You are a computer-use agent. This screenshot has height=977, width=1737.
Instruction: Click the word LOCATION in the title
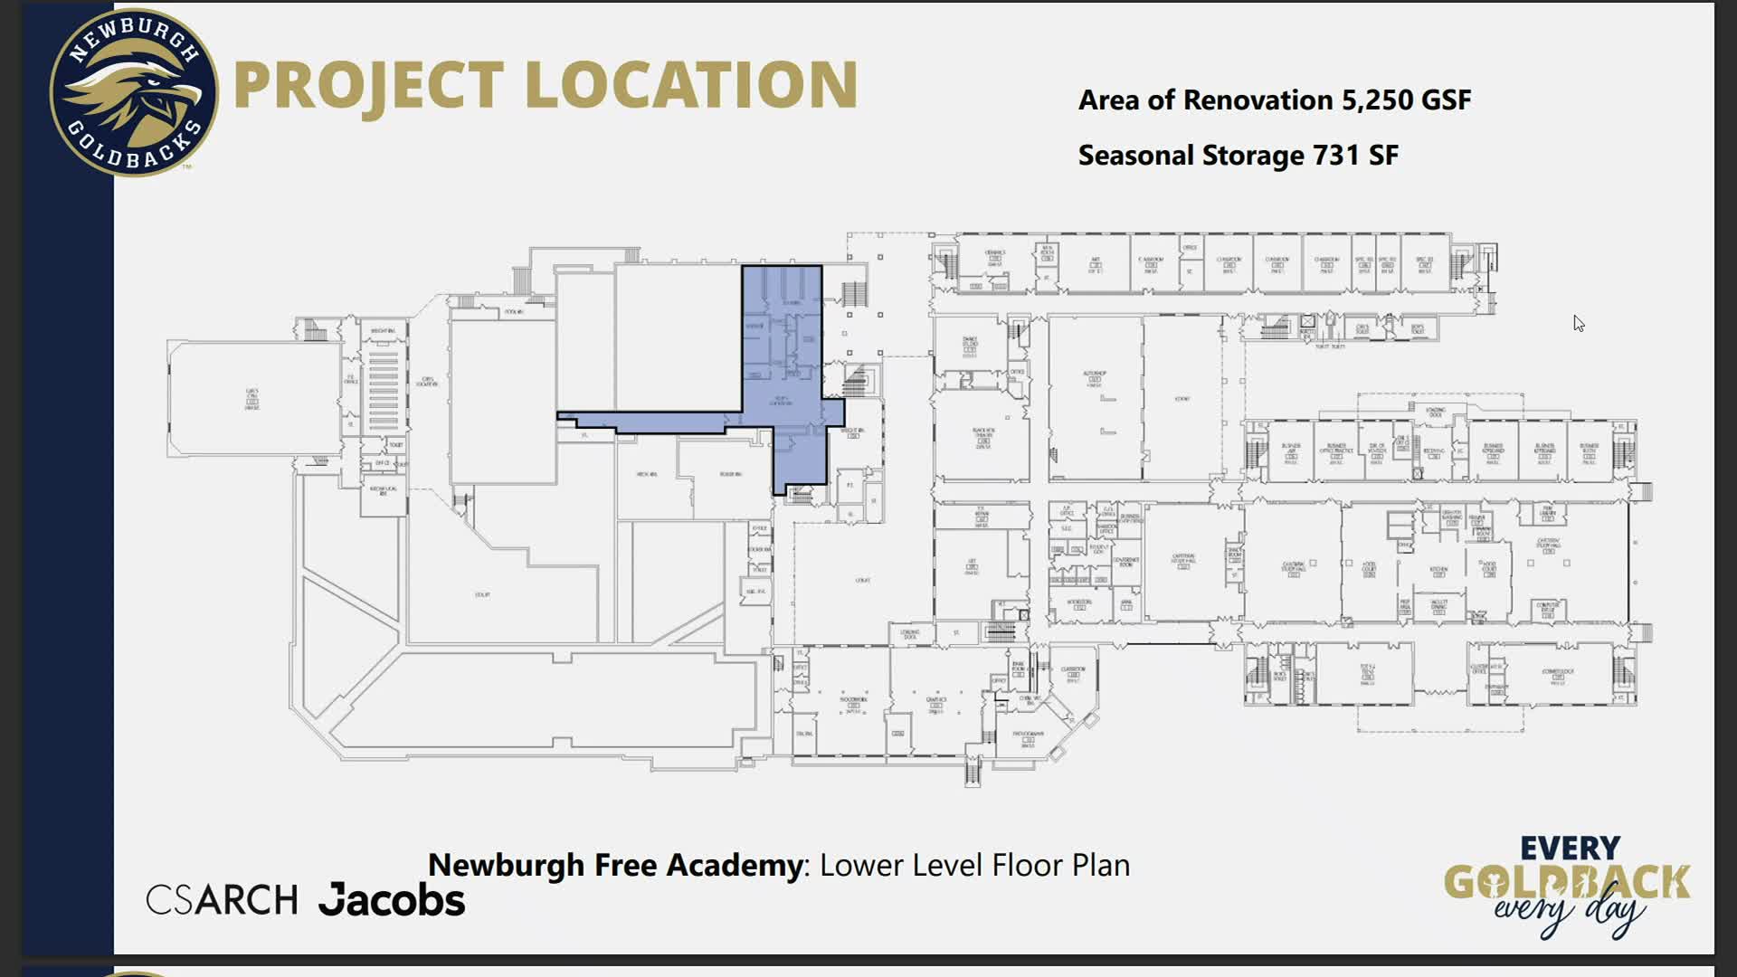click(691, 86)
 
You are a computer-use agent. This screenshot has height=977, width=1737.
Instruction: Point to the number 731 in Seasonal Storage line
click(1335, 156)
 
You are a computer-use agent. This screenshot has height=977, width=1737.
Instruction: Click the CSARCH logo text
click(222, 900)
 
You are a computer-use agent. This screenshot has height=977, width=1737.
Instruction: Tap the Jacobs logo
click(392, 900)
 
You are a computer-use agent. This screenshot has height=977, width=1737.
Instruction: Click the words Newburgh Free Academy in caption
click(615, 866)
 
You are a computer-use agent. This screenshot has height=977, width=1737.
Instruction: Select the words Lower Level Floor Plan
click(974, 866)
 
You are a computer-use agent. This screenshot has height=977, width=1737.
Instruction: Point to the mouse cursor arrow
click(1578, 323)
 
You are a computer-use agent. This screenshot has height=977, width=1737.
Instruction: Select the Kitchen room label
click(1438, 570)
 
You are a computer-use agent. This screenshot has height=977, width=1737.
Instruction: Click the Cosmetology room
click(1557, 675)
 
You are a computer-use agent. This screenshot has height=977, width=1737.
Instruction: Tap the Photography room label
click(1028, 737)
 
